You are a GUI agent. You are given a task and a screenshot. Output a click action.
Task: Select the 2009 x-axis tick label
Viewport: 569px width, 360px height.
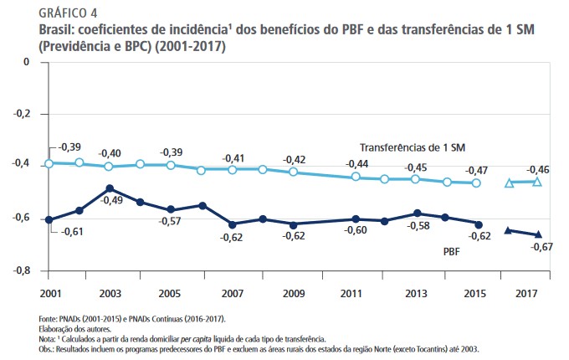click(x=293, y=295)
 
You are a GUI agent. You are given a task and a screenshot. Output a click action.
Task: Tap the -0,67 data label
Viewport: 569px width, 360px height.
click(x=542, y=248)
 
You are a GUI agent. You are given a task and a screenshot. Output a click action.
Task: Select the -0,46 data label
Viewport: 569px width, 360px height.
click(x=539, y=169)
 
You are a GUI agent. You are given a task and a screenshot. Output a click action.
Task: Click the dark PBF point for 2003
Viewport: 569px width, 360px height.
click(x=110, y=188)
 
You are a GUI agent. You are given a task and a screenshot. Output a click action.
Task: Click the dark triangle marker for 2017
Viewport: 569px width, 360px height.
click(x=538, y=234)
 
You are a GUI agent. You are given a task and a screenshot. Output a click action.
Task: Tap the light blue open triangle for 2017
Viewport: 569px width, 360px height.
click(x=538, y=182)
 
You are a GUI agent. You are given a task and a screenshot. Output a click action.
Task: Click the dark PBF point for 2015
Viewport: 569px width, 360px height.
click(x=477, y=224)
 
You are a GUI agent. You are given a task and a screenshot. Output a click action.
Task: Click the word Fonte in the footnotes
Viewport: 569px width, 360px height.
click(x=48, y=319)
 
